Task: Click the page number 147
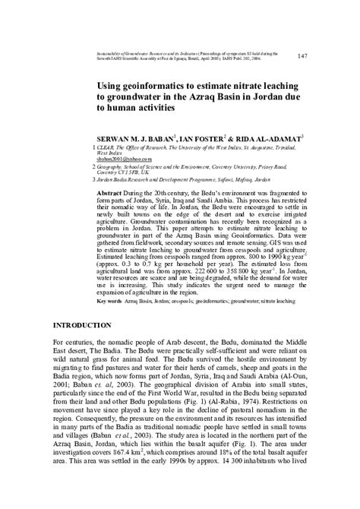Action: (302, 55)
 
